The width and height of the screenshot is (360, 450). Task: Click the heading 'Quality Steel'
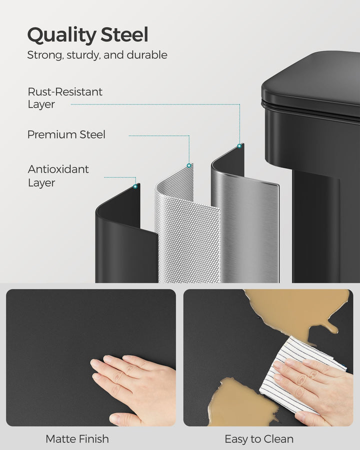87,35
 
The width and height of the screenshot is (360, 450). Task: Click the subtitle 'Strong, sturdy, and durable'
97,55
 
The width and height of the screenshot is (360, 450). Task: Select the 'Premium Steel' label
66,134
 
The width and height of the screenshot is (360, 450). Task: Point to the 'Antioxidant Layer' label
58,175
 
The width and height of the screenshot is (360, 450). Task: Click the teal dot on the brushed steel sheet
239,146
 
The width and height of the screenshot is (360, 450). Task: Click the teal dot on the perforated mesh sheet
189,165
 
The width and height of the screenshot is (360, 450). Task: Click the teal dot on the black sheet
135,186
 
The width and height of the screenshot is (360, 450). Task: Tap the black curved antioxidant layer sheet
122,240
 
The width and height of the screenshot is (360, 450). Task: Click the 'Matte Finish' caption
77,439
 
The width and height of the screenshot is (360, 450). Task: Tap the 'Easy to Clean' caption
259,439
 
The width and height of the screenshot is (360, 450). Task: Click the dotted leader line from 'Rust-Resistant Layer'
155,104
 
